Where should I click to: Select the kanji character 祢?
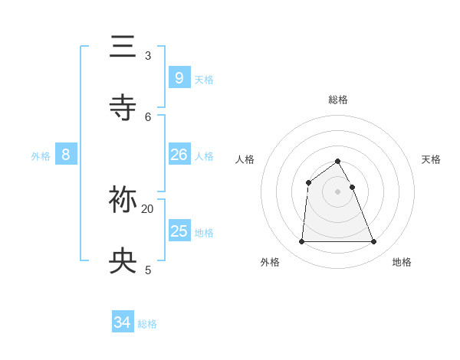point(123,199)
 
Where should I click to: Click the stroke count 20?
point(148,208)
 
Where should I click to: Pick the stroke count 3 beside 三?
point(148,56)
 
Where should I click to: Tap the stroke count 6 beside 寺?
point(148,116)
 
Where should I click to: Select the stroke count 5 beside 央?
point(148,270)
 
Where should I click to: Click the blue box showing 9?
point(179,77)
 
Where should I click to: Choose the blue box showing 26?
point(179,155)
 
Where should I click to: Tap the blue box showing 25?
point(179,231)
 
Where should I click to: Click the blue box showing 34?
point(123,322)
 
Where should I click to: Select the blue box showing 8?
point(66,155)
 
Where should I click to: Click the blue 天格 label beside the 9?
point(204,80)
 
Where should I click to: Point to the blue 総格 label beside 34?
point(147,324)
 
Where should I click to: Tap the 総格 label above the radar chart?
point(338,100)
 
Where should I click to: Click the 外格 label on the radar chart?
point(270,262)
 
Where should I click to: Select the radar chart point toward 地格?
point(374,242)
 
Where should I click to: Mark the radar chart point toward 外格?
point(301,242)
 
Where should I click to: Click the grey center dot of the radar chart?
point(338,191)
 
